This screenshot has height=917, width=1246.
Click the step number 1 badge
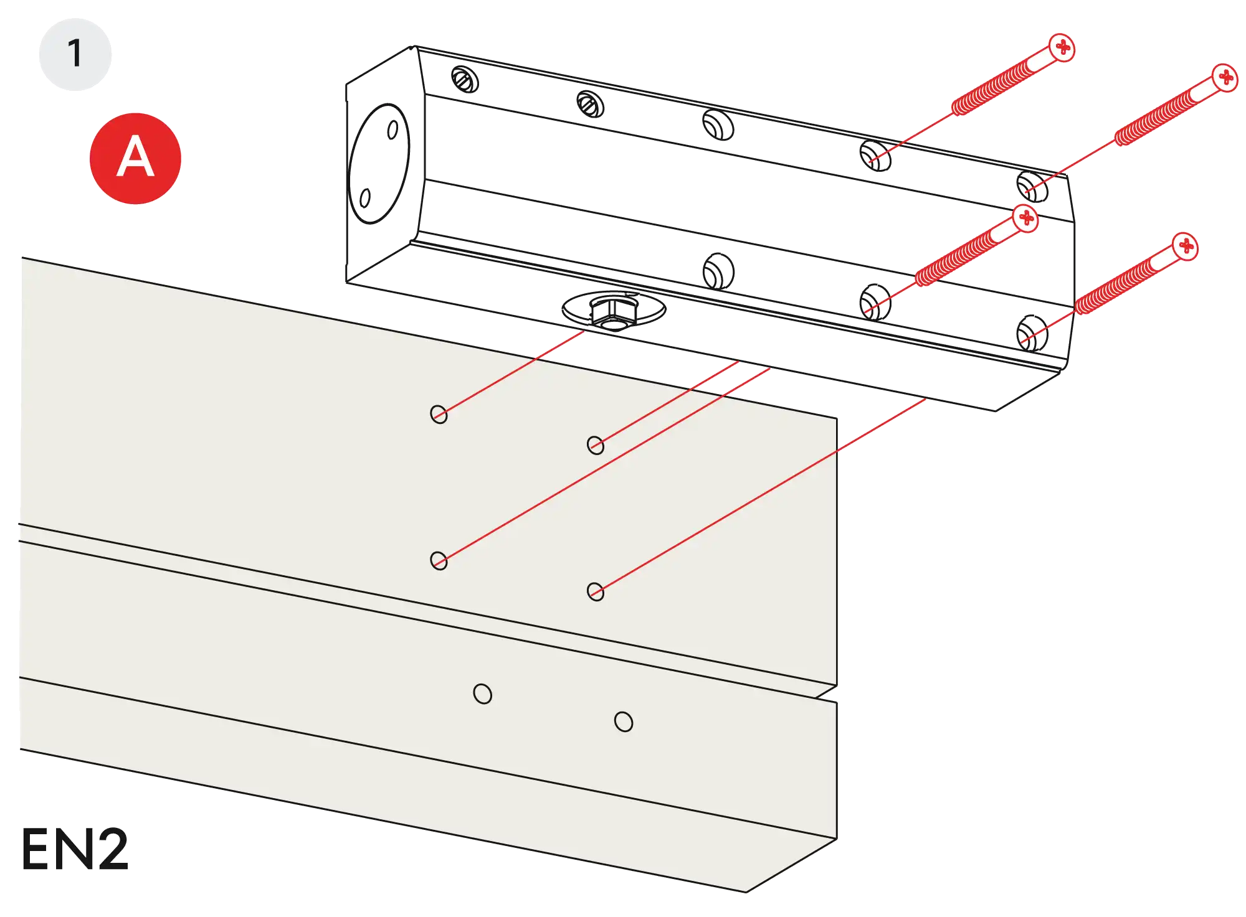click(75, 54)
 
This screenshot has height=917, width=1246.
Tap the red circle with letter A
click(135, 158)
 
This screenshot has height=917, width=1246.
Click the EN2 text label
click(75, 850)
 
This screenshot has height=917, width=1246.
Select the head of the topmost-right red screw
click(1225, 78)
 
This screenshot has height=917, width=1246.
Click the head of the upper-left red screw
click(1062, 47)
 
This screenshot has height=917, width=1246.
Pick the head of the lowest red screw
click(1186, 247)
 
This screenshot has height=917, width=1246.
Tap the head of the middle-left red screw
click(1025, 219)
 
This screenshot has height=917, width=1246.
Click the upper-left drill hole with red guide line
click(439, 414)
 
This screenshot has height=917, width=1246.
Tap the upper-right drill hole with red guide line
click(596, 445)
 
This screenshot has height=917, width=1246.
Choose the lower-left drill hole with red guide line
click(439, 560)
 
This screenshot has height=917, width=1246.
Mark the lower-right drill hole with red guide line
click(596, 591)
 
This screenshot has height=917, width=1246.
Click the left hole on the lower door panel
click(482, 694)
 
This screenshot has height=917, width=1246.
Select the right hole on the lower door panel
click(623, 722)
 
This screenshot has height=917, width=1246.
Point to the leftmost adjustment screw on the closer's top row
click(465, 79)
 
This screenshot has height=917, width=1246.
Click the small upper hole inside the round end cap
click(393, 130)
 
